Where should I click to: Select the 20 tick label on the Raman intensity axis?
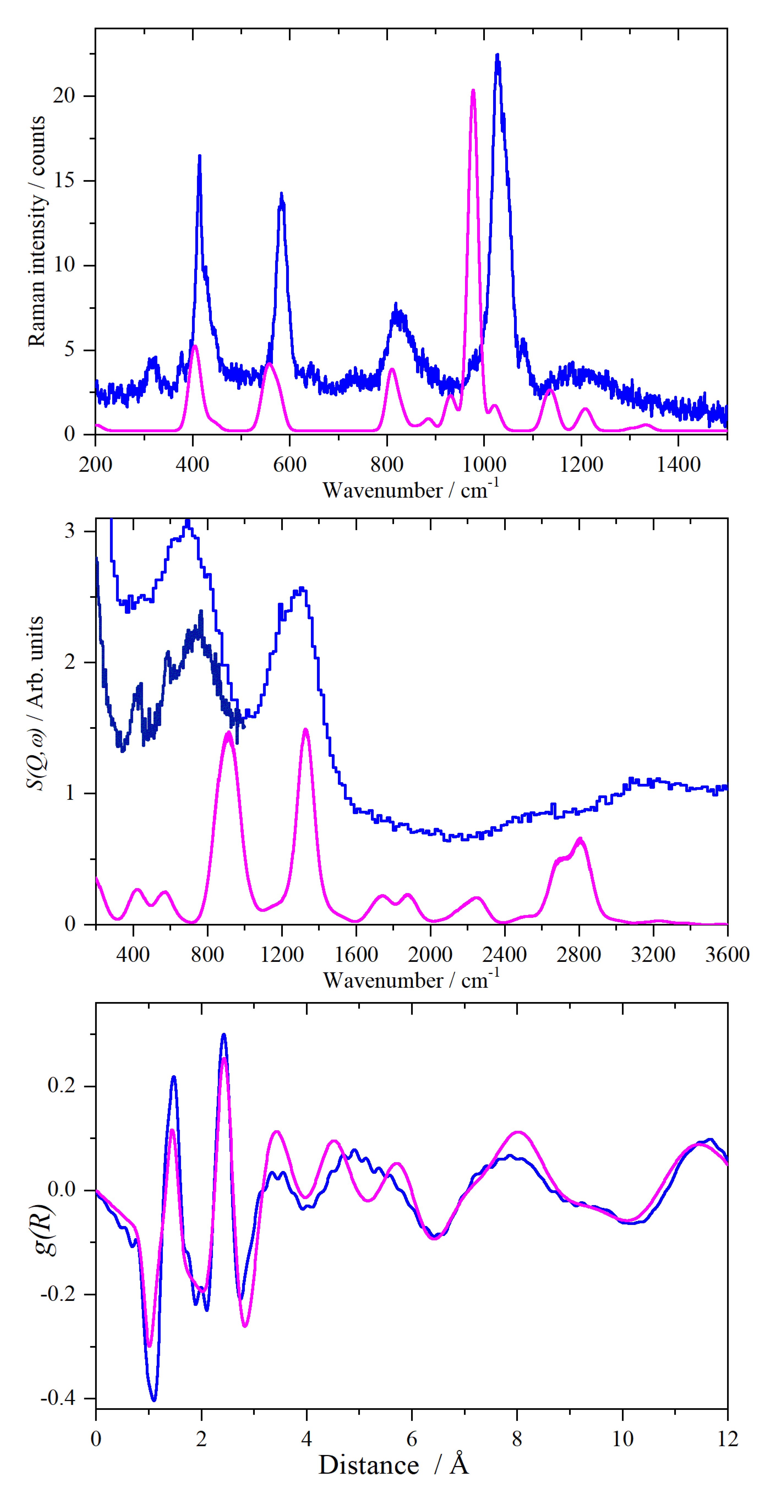tap(64, 95)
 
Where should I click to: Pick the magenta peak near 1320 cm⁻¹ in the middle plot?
tap(305, 730)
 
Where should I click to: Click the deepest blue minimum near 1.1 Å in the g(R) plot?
tap(154, 1400)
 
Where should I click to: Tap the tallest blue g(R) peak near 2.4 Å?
tap(224, 1035)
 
